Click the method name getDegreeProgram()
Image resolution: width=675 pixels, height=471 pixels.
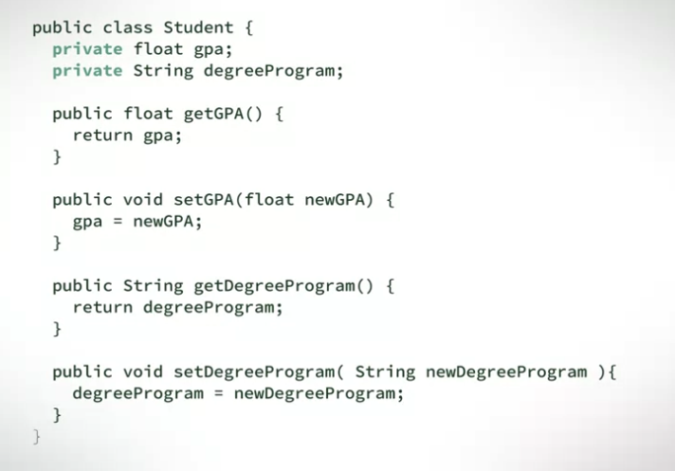(x=281, y=285)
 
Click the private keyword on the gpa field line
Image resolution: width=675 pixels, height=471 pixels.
(x=87, y=48)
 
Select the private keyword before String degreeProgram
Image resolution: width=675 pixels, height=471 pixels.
(x=87, y=70)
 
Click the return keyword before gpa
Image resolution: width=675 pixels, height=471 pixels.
(x=102, y=135)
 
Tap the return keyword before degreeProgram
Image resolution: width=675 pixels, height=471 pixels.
(x=102, y=307)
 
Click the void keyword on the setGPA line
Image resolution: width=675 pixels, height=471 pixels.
(x=143, y=200)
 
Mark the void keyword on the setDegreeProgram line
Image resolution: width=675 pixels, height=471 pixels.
(x=143, y=371)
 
